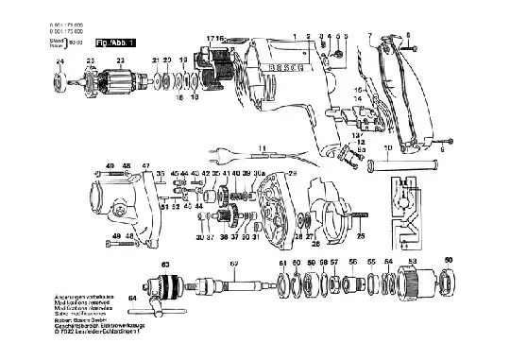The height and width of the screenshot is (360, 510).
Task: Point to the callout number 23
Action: pos(91,61)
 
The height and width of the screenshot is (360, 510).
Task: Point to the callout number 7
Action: pos(369,34)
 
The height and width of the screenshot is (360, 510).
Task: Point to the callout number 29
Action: pos(293,174)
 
